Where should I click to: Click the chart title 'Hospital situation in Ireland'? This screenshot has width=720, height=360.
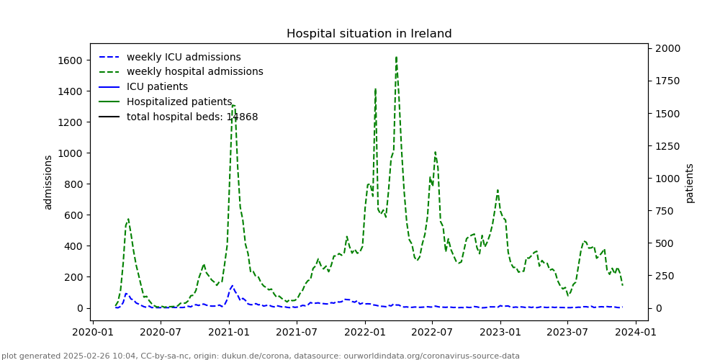(369, 34)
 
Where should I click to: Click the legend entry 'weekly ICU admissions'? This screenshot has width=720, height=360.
(184, 57)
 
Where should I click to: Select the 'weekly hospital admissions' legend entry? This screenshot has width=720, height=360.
(194, 72)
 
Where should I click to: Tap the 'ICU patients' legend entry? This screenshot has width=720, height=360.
(157, 87)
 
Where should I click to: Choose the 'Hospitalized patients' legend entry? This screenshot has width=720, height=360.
(179, 102)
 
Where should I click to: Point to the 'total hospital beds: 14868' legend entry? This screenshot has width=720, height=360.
(192, 117)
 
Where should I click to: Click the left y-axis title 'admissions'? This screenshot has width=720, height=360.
(48, 182)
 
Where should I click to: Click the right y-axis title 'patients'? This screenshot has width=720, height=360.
(690, 183)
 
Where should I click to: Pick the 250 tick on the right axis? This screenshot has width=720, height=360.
(663, 276)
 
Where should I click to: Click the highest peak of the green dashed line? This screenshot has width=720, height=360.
(396, 58)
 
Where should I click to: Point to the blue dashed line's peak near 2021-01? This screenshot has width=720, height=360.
(232, 286)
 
